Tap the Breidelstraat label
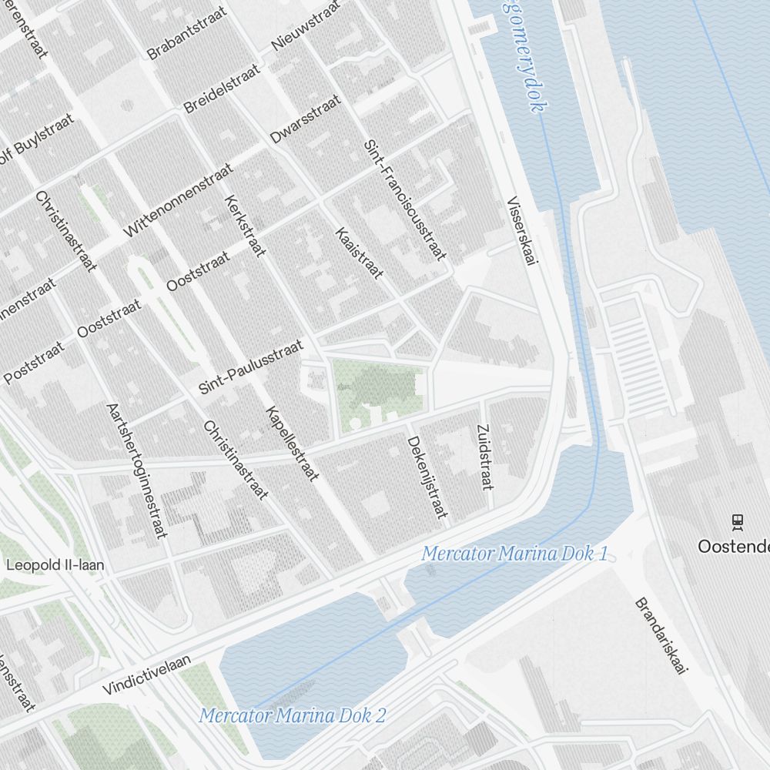(222, 89)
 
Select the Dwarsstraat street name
(305, 119)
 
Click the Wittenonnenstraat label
(178, 201)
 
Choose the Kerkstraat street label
(243, 226)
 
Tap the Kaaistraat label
(358, 253)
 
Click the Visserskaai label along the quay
(521, 232)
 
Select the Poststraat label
(35, 364)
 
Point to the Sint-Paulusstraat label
(251, 367)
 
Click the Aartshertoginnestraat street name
(136, 470)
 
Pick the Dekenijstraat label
(427, 477)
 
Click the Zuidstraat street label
(484, 457)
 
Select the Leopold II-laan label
(55, 565)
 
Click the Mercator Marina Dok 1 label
(515, 553)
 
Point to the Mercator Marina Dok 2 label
(293, 715)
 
